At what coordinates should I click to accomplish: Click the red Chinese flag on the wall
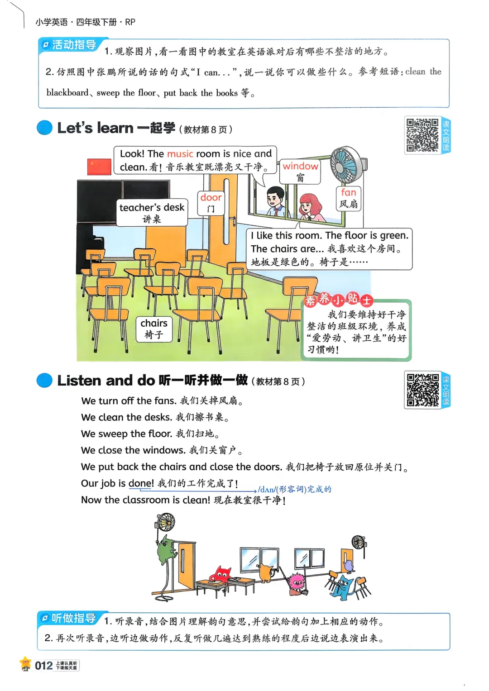click(x=99, y=167)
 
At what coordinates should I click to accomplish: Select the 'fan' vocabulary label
click(x=348, y=198)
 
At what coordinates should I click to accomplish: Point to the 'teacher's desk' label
click(x=152, y=213)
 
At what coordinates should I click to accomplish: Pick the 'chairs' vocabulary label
click(x=154, y=329)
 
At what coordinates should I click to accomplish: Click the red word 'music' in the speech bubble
click(x=180, y=154)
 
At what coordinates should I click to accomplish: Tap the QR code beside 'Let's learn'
click(x=422, y=135)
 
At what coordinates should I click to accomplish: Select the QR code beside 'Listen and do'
click(x=422, y=390)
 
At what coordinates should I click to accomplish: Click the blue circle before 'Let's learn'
click(x=44, y=128)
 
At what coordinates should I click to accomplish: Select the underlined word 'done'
click(x=141, y=483)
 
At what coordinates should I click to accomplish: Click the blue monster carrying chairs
click(x=345, y=586)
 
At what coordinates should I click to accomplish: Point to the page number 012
click(x=43, y=666)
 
